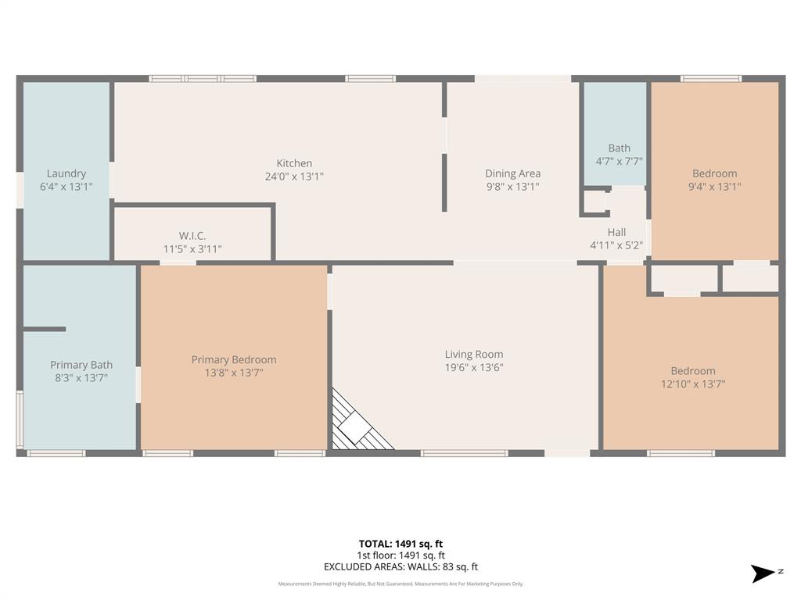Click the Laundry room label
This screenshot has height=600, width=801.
pyautogui.click(x=66, y=173)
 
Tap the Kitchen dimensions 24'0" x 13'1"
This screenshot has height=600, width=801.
pyautogui.click(x=294, y=177)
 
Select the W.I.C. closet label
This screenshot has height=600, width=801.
pyautogui.click(x=192, y=236)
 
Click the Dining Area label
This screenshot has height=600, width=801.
pyautogui.click(x=512, y=173)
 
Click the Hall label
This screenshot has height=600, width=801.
pyautogui.click(x=616, y=232)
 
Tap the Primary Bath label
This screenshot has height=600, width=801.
pyautogui.click(x=81, y=365)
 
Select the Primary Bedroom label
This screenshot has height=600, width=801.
pyautogui.click(x=234, y=359)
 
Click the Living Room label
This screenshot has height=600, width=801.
pyautogui.click(x=474, y=354)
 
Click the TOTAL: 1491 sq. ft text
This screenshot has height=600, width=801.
pyautogui.click(x=400, y=544)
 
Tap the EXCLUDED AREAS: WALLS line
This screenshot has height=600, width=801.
pyautogui.click(x=400, y=567)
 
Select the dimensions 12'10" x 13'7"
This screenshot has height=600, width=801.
pyautogui.click(x=692, y=384)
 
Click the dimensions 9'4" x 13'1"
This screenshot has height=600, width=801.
pyautogui.click(x=714, y=187)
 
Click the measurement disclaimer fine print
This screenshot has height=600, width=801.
pyautogui.click(x=400, y=584)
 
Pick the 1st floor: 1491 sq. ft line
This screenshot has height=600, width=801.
pyautogui.click(x=400, y=555)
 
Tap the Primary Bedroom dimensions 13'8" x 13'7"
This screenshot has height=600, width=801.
pyautogui.click(x=234, y=373)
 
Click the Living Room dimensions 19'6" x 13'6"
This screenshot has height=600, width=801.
pyautogui.click(x=474, y=367)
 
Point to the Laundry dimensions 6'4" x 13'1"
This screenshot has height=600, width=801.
pyautogui.click(x=66, y=187)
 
